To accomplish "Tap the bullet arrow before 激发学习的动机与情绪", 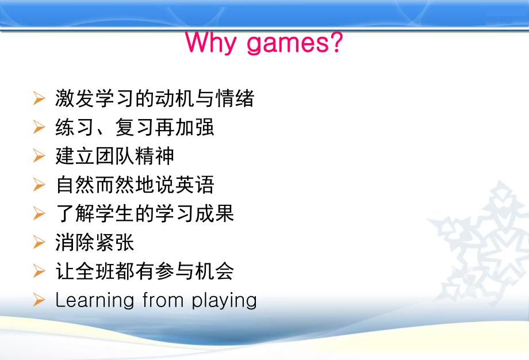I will pyautogui.click(x=39, y=98).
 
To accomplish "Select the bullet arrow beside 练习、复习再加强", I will pyautogui.click(x=39, y=127).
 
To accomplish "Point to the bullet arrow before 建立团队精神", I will pyautogui.click(x=39, y=156).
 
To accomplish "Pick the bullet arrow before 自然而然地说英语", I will pyautogui.click(x=39, y=185).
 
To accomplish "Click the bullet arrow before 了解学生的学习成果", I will pyautogui.click(x=39, y=214).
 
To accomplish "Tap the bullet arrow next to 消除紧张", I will pyautogui.click(x=39, y=243).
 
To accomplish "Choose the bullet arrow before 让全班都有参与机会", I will pyautogui.click(x=39, y=271).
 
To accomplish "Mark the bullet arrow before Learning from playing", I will pyautogui.click(x=39, y=300).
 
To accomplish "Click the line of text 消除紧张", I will pyautogui.click(x=95, y=243).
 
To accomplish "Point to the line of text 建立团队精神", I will pyautogui.click(x=115, y=156).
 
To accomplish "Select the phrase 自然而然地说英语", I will pyautogui.click(x=135, y=185).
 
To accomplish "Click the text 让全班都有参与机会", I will pyautogui.click(x=145, y=271).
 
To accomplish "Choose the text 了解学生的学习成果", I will pyautogui.click(x=145, y=214).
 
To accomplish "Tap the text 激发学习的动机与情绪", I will pyautogui.click(x=155, y=98).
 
